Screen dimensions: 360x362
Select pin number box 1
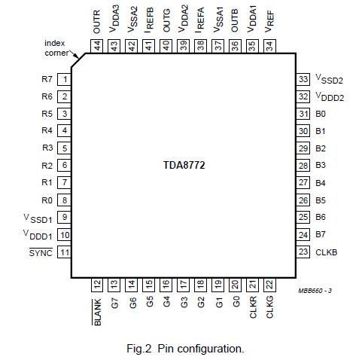[x=65, y=79]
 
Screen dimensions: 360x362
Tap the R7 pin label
[x=47, y=79]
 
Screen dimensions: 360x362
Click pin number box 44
[x=97, y=46]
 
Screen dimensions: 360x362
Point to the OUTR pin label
[x=97, y=23]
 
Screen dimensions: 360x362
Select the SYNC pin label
[x=41, y=252]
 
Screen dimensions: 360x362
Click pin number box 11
[x=65, y=252]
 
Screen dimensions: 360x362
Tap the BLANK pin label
[x=97, y=312]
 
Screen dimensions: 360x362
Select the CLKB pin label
[x=326, y=252]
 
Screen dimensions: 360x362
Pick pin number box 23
[x=303, y=252]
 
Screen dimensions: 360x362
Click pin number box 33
[x=303, y=79]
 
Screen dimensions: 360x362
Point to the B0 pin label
[x=321, y=114]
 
